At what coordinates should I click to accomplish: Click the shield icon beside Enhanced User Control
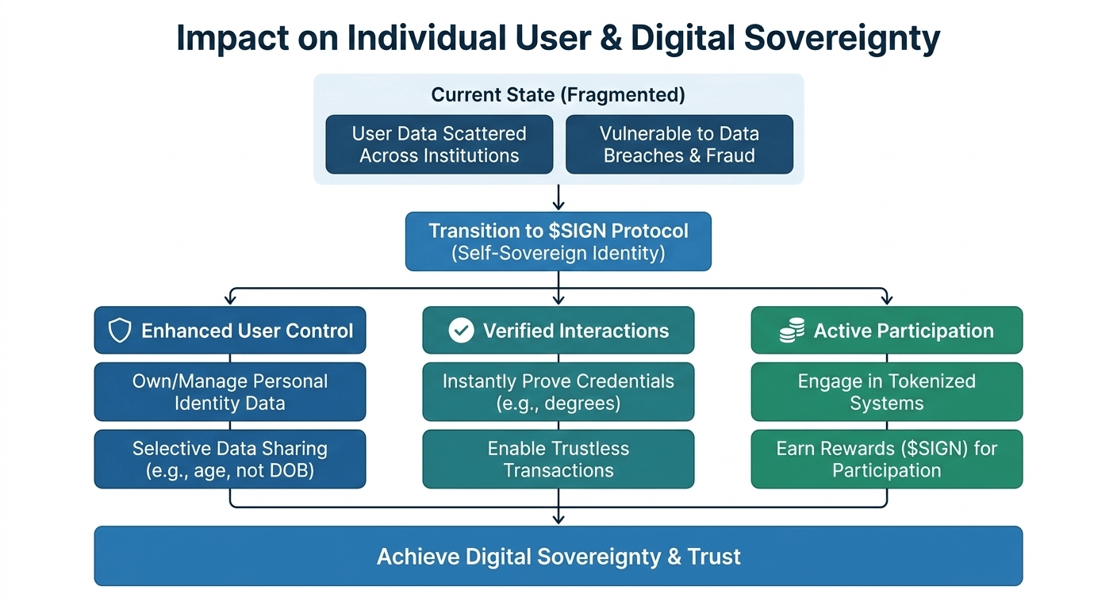[x=119, y=331]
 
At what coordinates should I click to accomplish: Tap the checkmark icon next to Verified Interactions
[x=461, y=331]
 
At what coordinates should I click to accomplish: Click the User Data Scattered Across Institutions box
[x=439, y=144]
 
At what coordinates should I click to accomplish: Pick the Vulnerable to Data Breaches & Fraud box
[x=679, y=144]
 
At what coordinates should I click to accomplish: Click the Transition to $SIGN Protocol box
[x=558, y=241]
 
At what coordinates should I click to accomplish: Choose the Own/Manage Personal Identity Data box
[x=230, y=392]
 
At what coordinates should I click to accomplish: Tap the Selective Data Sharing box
[x=230, y=459]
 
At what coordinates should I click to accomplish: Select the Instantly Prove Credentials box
[x=558, y=392]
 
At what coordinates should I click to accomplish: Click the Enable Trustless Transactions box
[x=558, y=459]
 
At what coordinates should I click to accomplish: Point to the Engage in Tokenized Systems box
[x=887, y=392]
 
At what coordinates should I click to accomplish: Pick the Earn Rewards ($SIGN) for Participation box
[x=887, y=459]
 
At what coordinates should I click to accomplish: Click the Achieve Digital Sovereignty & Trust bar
[x=558, y=556]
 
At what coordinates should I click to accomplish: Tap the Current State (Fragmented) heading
[x=558, y=95]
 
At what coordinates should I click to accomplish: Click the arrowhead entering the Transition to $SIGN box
[x=558, y=205]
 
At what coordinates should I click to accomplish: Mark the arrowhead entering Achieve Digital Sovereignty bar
[x=558, y=519]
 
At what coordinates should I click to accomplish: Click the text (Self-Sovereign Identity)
[x=558, y=254]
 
